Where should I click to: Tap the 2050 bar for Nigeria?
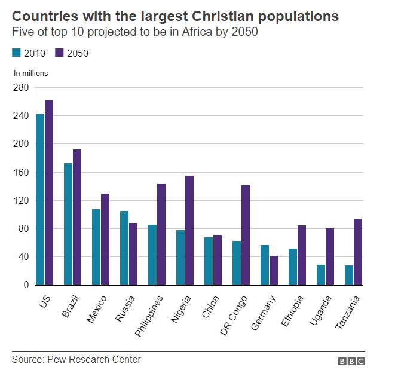189,230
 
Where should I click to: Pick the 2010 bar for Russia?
124,247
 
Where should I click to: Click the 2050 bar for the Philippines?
161,234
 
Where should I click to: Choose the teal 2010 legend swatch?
16,53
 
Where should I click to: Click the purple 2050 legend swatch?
60,53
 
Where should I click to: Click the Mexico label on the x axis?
96,308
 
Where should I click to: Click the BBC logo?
351,361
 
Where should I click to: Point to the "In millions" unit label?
31,74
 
